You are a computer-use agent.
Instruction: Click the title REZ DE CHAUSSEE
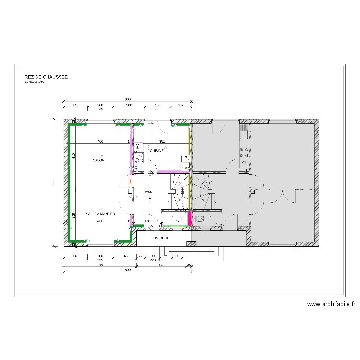pos(46,77)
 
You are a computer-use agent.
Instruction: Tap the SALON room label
pos(99,160)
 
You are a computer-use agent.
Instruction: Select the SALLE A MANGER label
pos(100,214)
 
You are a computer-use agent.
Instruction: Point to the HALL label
pos(148,192)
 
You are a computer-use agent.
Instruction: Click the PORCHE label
pos(161,238)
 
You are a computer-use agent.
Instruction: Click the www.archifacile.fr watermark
pos(331,304)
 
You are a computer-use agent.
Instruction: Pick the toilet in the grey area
pos(200,219)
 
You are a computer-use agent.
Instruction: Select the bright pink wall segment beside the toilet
pos(190,218)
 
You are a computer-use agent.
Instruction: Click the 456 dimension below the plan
pos(100,265)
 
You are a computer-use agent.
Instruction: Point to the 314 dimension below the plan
pos(162,265)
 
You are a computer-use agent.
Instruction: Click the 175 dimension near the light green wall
pos(176,221)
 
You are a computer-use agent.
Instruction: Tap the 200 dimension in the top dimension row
pos(129,105)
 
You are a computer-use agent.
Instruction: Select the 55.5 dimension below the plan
pos(141,256)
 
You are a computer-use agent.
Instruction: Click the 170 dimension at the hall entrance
pos(147,221)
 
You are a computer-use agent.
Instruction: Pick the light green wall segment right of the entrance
pos(175,225)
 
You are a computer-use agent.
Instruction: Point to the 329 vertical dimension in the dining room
pos(74,215)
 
